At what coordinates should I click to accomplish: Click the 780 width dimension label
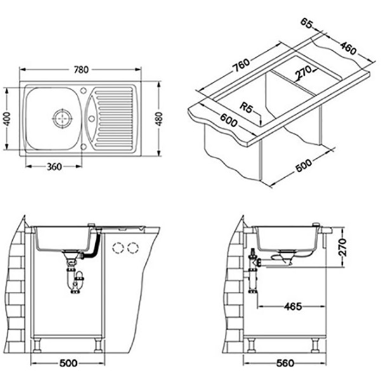81,70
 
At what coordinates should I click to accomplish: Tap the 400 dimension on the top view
8,119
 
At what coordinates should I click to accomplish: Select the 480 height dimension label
159,119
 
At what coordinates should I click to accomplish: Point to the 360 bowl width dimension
54,166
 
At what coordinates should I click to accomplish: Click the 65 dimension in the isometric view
307,23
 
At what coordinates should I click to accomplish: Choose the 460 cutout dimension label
348,48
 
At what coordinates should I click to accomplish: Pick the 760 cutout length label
241,65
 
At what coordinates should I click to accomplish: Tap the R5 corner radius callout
246,107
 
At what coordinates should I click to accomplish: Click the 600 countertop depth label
229,120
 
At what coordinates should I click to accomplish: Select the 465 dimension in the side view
293,307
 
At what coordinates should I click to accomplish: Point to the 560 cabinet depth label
285,363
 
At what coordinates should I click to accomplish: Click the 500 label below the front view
69,363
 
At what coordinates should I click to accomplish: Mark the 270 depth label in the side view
342,248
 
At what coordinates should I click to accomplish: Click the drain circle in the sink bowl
62,119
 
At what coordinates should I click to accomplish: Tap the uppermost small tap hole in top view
83,91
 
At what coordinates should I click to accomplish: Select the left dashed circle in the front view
118,248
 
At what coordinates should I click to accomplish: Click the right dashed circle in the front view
133,248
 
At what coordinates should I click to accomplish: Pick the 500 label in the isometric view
304,165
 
